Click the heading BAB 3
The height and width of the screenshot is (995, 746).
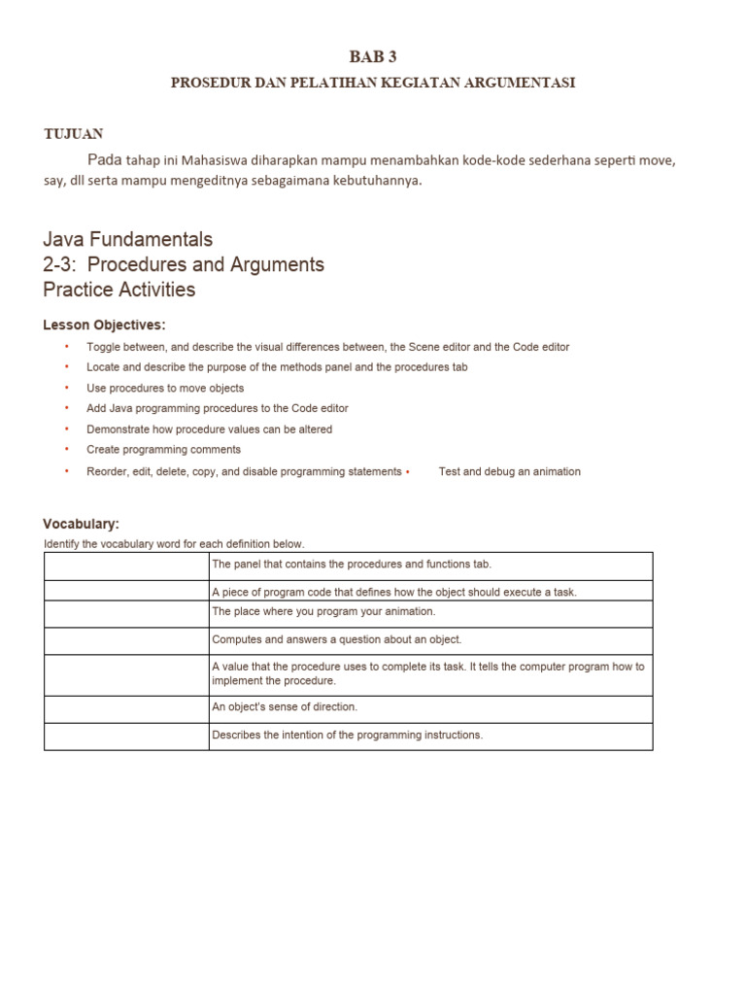pos(373,57)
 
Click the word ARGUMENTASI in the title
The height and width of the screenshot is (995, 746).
pos(525,83)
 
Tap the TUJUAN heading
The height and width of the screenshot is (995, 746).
pos(74,134)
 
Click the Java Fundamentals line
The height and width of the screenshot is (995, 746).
pos(127,239)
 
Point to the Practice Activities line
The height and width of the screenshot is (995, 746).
pos(119,290)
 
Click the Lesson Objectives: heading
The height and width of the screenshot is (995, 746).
pos(104,325)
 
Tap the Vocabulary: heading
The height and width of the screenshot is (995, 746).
pos(81,524)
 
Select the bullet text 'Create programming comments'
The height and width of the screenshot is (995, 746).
pos(163,450)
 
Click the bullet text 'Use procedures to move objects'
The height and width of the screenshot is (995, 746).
pos(165,388)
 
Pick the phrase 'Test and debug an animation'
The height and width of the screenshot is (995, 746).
pos(510,471)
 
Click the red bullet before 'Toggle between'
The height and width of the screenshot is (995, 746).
pos(67,347)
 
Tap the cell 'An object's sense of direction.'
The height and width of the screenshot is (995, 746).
pos(285,707)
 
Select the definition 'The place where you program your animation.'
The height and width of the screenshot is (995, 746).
pos(323,611)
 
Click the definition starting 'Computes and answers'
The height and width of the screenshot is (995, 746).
pos(336,639)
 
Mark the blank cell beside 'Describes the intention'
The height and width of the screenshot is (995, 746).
pos(126,736)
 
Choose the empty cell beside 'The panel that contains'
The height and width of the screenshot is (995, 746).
pos(126,565)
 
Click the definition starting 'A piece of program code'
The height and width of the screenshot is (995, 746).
pos(394,592)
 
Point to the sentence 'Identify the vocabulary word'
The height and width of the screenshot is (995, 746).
pos(174,544)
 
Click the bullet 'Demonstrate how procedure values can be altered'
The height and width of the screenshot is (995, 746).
pos(209,429)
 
